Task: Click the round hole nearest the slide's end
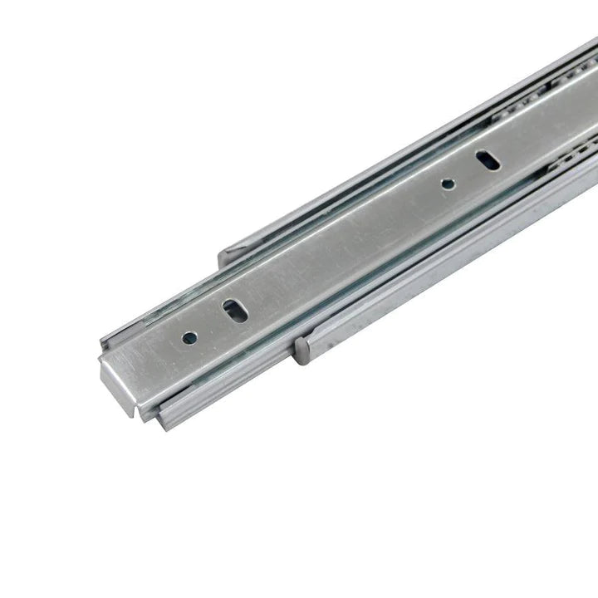(x=189, y=338)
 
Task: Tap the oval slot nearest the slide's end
(x=235, y=311)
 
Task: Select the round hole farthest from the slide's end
(x=448, y=184)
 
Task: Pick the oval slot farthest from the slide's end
(x=488, y=159)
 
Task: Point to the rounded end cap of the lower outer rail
(x=302, y=349)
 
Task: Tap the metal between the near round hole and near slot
(x=212, y=325)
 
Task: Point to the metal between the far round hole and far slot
(x=468, y=172)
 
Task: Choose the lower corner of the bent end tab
(x=133, y=412)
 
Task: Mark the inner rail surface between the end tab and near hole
(x=154, y=357)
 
